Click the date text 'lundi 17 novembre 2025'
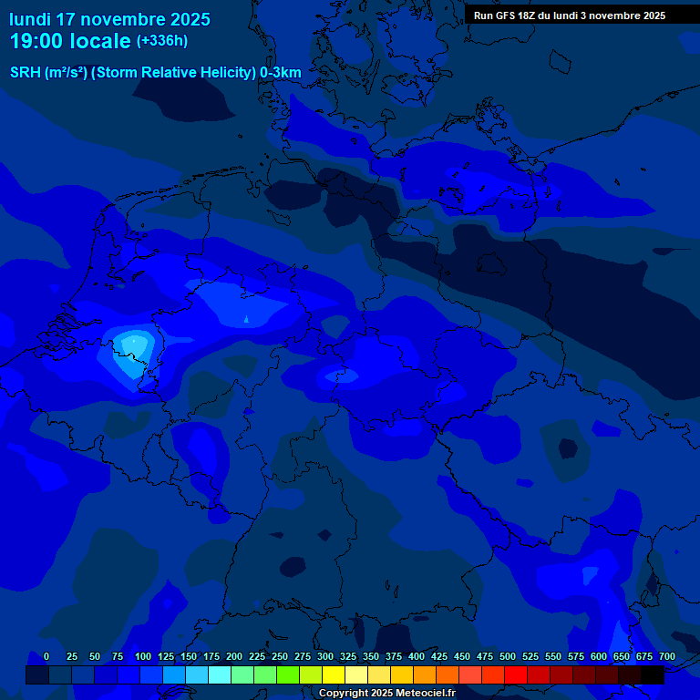(x=109, y=19)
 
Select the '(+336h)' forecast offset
(x=162, y=41)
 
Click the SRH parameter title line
(x=156, y=72)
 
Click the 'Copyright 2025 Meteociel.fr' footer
(x=386, y=693)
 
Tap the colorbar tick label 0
(x=46, y=657)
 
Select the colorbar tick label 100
(x=143, y=657)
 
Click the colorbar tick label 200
(x=234, y=657)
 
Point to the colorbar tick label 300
(x=325, y=657)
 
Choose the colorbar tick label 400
(x=417, y=657)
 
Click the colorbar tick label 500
(x=508, y=657)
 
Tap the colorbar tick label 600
(x=599, y=657)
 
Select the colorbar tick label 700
(x=667, y=657)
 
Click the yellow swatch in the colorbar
(x=334, y=674)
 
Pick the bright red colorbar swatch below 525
(x=516, y=674)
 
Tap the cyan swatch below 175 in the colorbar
(x=220, y=674)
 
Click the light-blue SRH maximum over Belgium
(x=133, y=344)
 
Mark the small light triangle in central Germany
(x=246, y=318)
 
